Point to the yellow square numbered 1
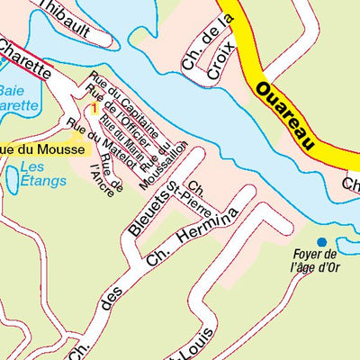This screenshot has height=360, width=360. click(94, 108)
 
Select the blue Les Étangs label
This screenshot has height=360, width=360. click(43, 174)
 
